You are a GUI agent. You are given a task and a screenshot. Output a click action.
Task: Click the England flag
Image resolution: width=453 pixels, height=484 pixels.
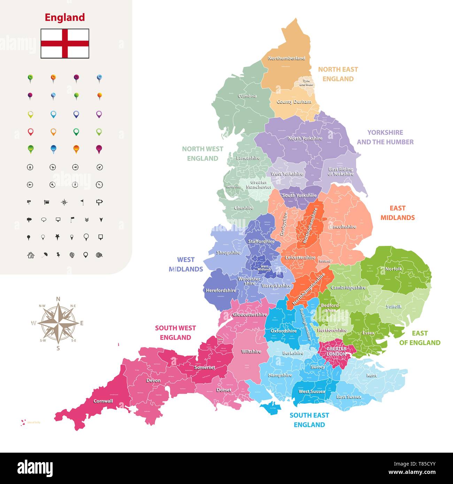65,44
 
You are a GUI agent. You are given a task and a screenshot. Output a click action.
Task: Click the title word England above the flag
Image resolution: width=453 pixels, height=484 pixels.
65,17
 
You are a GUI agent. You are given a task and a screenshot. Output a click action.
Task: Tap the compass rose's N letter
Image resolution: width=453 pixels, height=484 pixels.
58,299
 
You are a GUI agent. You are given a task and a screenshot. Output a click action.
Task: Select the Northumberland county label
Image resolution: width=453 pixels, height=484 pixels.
286,58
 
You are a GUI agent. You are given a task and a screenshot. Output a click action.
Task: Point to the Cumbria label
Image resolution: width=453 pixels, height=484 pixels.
247,96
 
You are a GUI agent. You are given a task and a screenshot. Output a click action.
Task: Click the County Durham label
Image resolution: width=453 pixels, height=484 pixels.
294,102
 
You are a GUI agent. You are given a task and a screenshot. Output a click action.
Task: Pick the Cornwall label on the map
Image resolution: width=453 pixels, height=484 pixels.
103,401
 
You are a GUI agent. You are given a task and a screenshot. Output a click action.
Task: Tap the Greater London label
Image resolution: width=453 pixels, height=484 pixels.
336,351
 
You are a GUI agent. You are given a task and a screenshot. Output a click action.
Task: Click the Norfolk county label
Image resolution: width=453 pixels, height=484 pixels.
393,269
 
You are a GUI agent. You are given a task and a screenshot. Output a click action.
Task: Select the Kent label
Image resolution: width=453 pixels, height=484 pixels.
371,376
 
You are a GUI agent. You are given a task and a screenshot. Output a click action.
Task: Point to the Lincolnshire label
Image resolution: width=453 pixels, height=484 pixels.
343,227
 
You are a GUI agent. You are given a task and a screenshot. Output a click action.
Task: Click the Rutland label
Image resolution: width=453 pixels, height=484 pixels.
324,261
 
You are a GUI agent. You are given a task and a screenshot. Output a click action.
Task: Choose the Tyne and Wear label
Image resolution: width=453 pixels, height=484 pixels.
306,83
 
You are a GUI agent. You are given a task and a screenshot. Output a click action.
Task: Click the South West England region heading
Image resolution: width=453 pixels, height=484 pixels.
175,333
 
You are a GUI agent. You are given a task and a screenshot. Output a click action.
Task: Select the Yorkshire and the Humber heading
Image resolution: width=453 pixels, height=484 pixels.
385,137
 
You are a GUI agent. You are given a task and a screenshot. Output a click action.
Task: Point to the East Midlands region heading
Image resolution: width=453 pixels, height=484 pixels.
397,213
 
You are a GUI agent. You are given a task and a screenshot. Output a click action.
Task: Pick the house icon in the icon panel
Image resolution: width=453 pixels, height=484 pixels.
31,255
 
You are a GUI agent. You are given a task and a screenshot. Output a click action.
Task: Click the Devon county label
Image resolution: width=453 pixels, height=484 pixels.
153,381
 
